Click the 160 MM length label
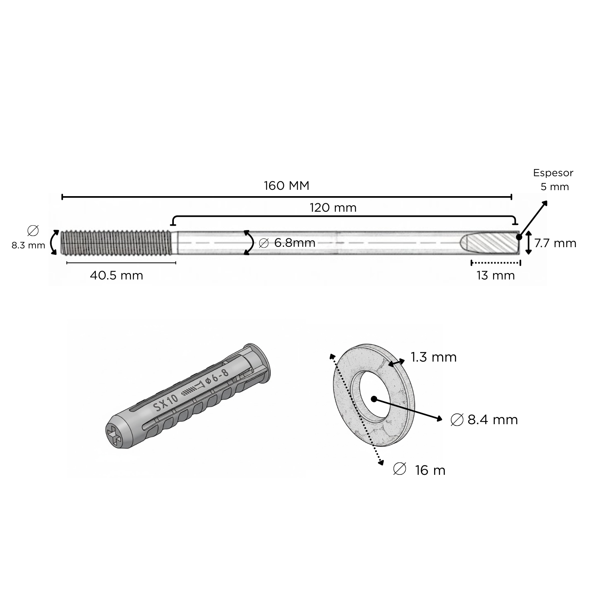pyautogui.click(x=287, y=186)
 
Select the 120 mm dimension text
pyautogui.click(x=333, y=208)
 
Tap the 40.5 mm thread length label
pyautogui.click(x=116, y=275)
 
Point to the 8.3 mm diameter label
pyautogui.click(x=28, y=246)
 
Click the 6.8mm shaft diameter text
pyautogui.click(x=295, y=243)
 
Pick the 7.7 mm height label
pyautogui.click(x=555, y=243)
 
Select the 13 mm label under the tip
pyautogui.click(x=496, y=275)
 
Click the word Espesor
pyautogui.click(x=553, y=173)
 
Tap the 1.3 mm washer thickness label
pyautogui.click(x=434, y=357)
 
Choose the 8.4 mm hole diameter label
pyautogui.click(x=493, y=420)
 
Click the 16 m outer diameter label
pyautogui.click(x=430, y=470)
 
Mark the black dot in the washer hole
pyautogui.click(x=374, y=399)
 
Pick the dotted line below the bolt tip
pyautogui.click(x=496, y=263)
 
